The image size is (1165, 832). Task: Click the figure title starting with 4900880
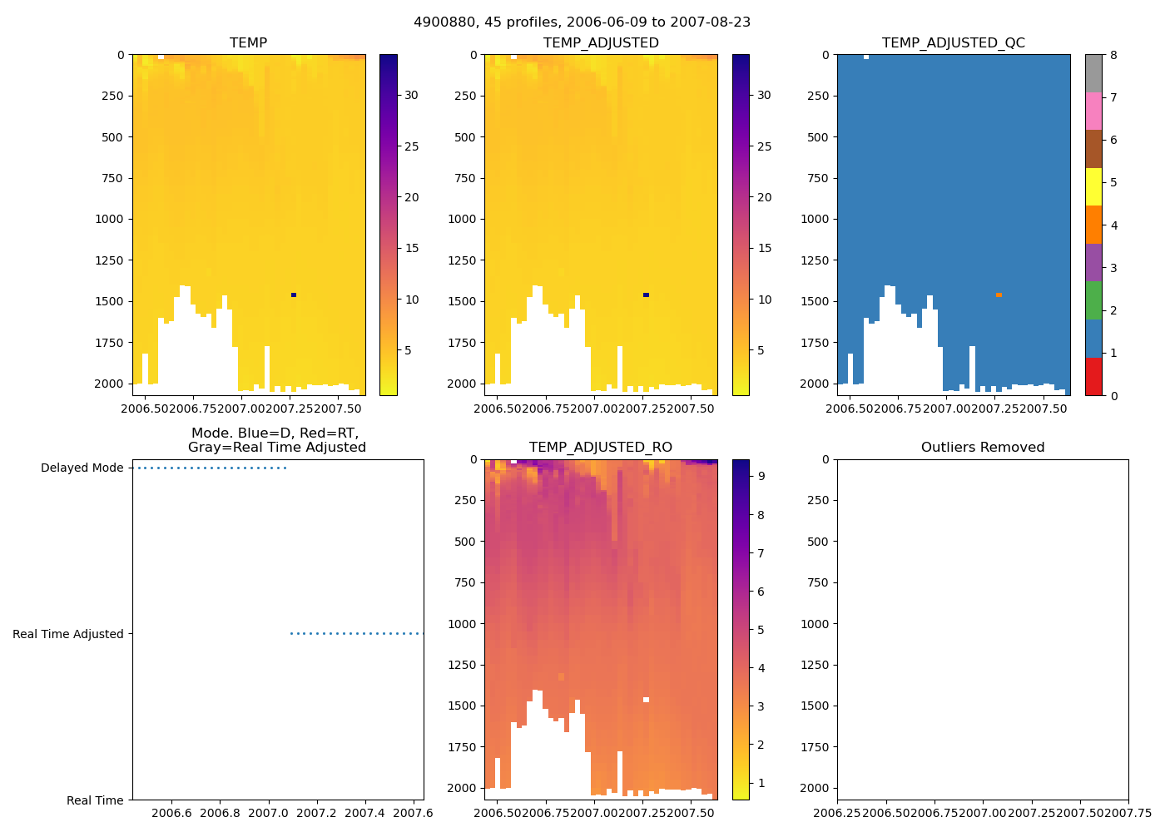582,22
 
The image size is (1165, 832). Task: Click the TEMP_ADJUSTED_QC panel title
953,42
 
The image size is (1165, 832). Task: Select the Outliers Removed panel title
982,447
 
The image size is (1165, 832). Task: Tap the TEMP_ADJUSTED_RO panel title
600,447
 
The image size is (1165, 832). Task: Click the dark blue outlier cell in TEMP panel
294,295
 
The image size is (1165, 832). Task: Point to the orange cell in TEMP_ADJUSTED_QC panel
999,295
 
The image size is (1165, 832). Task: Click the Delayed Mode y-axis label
82,468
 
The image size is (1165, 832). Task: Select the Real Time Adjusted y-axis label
67,634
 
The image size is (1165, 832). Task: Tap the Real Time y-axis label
95,800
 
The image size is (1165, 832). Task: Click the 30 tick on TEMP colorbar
411,95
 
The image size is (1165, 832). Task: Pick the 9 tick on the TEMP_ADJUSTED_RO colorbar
761,476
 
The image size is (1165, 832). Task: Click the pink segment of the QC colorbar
1093,111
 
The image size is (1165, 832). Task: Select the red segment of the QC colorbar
1093,376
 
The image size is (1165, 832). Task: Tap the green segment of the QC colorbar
1093,300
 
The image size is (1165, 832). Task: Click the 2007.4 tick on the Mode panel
365,813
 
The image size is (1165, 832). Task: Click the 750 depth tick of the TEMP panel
112,178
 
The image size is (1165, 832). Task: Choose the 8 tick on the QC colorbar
1113,56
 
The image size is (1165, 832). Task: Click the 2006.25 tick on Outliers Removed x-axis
837,813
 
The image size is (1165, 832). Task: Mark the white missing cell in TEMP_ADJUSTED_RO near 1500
646,700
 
